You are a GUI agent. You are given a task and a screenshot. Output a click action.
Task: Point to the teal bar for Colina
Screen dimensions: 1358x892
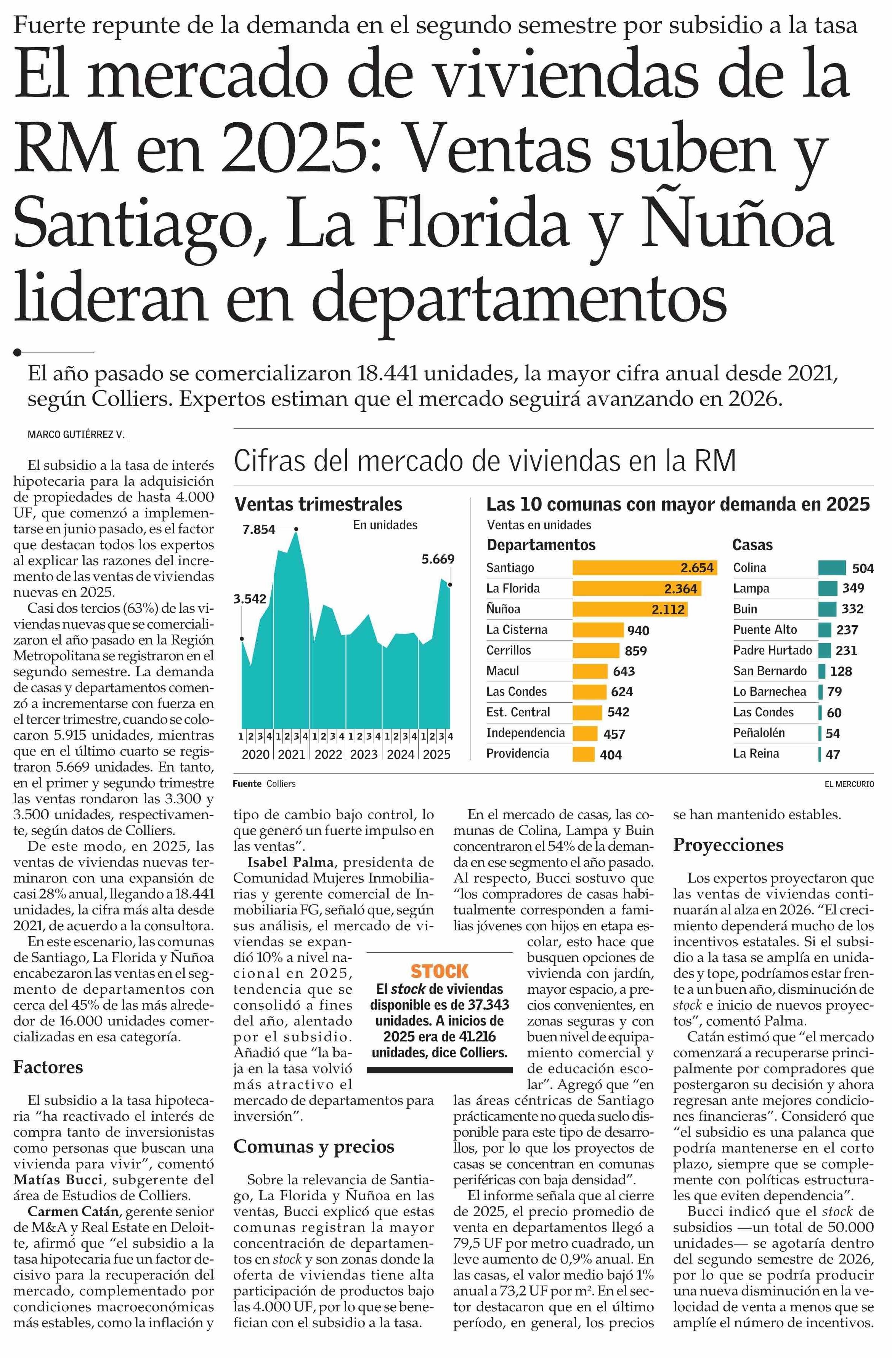(x=831, y=568)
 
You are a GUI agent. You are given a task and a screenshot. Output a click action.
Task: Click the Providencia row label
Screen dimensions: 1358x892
(x=518, y=753)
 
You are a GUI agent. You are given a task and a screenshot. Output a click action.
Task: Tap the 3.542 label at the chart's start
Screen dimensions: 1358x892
(x=249, y=599)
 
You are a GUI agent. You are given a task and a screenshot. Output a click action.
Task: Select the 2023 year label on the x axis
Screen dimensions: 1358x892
(x=364, y=754)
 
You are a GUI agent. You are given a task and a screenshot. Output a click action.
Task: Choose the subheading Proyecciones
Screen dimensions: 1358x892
(x=728, y=844)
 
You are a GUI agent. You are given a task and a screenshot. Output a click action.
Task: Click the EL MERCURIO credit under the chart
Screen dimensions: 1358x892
(x=849, y=784)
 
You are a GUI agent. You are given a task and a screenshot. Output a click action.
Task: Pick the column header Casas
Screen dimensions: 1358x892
(x=752, y=545)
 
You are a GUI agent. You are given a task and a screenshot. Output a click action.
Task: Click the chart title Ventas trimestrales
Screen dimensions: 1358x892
(x=318, y=504)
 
